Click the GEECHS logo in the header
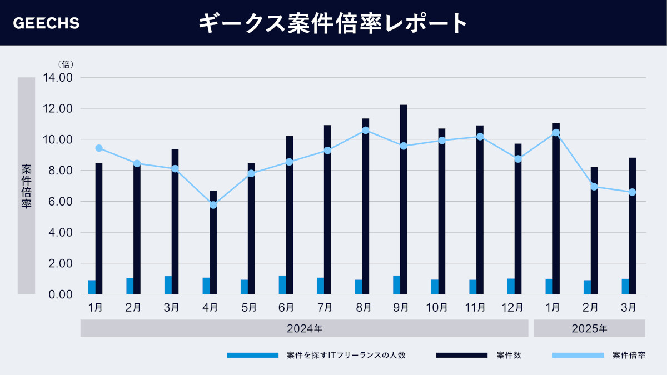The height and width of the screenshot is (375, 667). point(46,23)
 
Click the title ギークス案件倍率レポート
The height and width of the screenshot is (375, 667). point(333,23)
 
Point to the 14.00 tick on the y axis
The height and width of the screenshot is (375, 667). point(58,78)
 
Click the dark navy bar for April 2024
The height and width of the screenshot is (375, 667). point(213,242)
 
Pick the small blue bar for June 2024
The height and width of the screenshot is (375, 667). point(282,284)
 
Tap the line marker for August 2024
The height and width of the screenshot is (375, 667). point(365,130)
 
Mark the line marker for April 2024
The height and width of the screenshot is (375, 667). point(213,205)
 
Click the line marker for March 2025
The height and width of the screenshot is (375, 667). point(632,192)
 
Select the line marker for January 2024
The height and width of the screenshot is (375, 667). point(99,148)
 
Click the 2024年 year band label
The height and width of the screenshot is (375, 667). point(304,329)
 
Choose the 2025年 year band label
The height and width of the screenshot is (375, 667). point(589,329)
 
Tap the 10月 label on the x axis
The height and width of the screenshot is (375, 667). point(442,307)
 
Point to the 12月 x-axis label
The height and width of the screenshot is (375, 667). point(518,307)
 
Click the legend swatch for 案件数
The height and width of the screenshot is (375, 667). point(461,355)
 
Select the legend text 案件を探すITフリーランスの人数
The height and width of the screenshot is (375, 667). point(346,355)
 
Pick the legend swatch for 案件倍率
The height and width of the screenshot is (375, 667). point(578,355)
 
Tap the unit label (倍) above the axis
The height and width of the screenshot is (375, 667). point(66,64)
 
